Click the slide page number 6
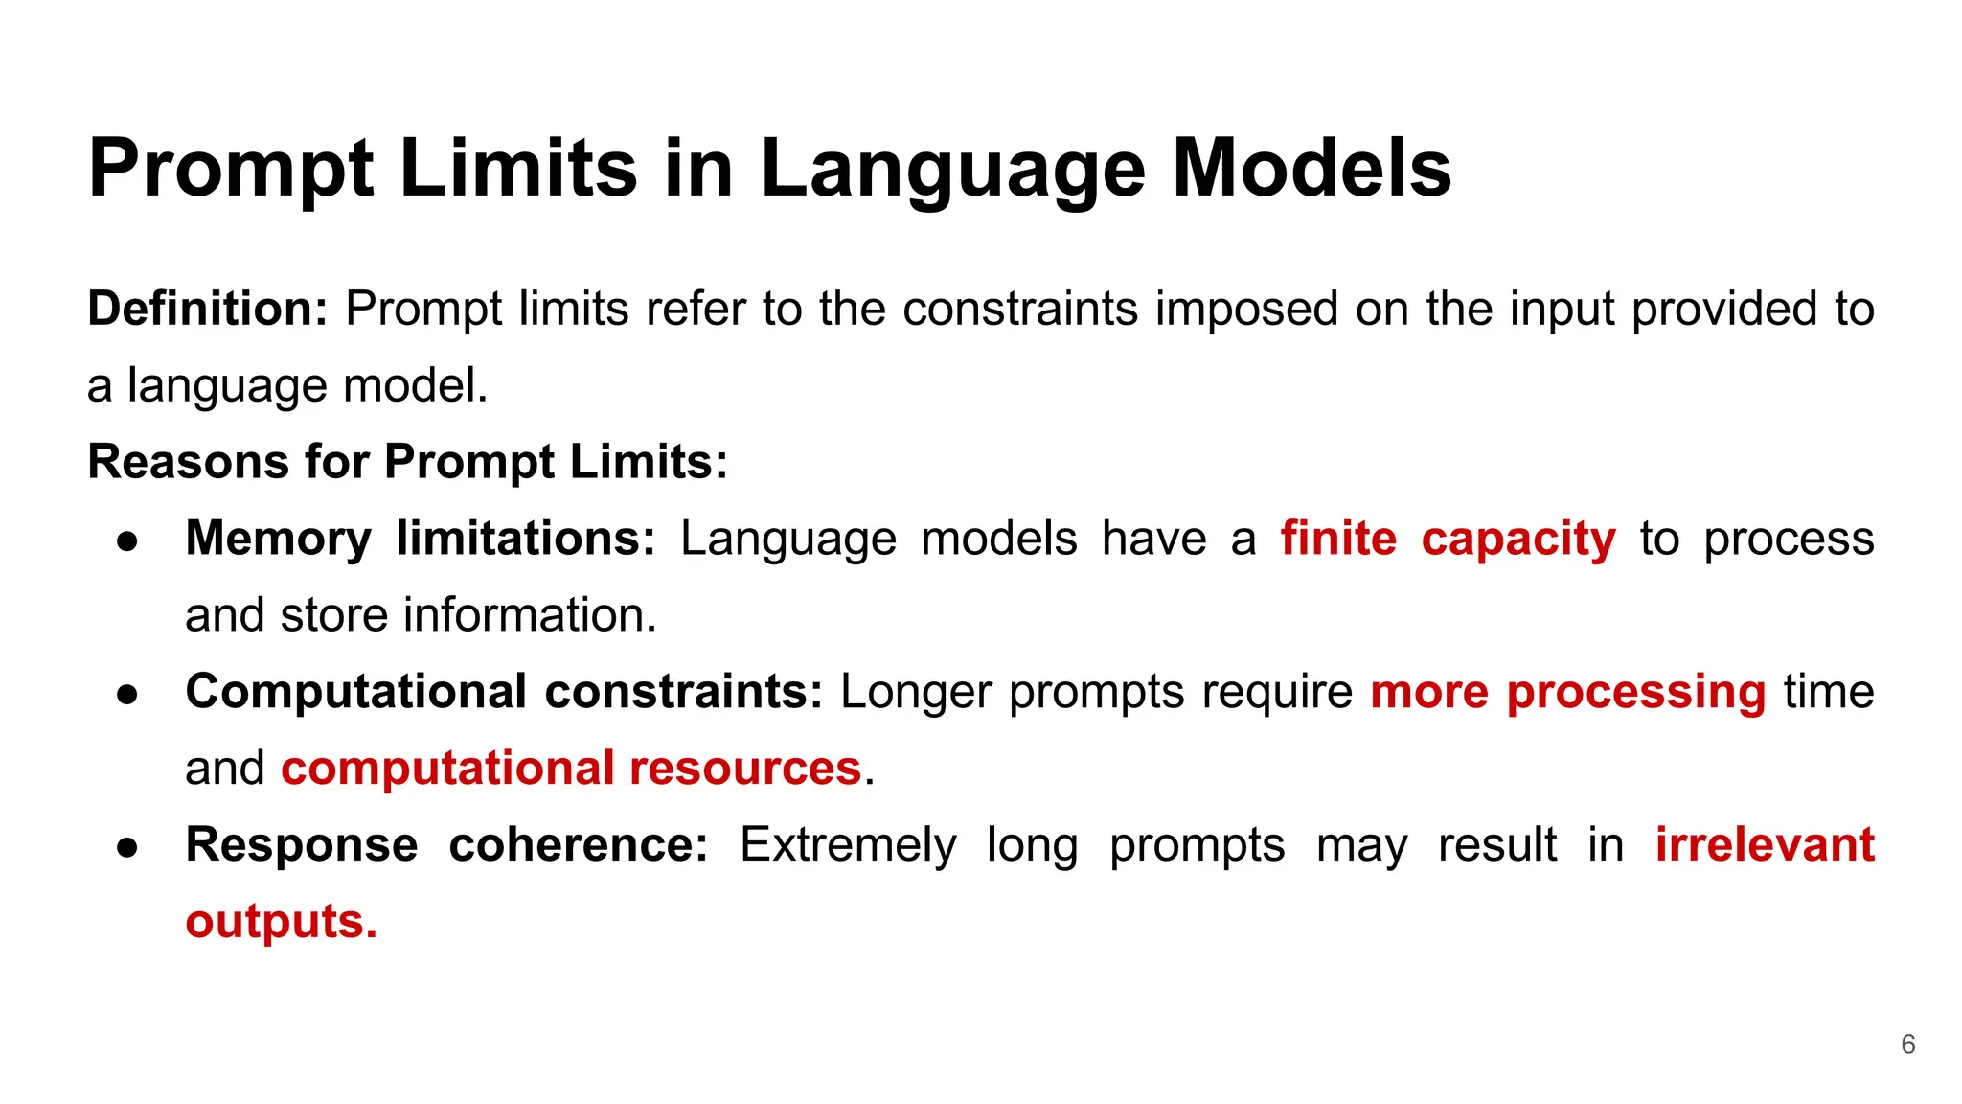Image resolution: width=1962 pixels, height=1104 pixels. coord(1907,1045)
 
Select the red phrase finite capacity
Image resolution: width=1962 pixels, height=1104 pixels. coord(1448,539)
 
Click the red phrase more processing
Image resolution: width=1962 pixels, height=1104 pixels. coord(1567,692)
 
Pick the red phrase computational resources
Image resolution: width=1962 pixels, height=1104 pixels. coord(571,769)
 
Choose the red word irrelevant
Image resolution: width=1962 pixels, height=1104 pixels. coord(1765,845)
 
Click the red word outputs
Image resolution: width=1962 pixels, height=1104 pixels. coord(281,922)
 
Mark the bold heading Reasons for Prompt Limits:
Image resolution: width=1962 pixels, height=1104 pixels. coord(408,462)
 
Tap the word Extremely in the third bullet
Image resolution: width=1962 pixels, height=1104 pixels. coord(848,845)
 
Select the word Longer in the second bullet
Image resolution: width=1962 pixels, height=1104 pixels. coord(916,692)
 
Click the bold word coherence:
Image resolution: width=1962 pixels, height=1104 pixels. coord(578,845)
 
